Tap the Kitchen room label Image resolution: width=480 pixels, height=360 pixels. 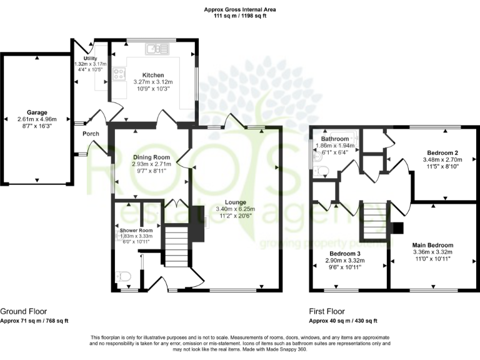click(x=152, y=74)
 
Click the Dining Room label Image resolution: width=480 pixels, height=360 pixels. click(x=151, y=157)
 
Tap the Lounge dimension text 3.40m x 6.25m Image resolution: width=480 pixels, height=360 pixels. click(x=231, y=209)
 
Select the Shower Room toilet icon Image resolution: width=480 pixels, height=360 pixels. click(x=124, y=275)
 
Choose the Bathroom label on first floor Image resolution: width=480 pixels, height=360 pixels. click(x=335, y=139)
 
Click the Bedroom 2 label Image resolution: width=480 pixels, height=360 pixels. click(x=443, y=152)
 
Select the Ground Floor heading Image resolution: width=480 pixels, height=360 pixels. click(x=23, y=311)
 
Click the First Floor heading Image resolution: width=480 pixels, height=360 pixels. click(x=327, y=311)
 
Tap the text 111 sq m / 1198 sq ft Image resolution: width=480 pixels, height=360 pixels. click(x=239, y=17)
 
